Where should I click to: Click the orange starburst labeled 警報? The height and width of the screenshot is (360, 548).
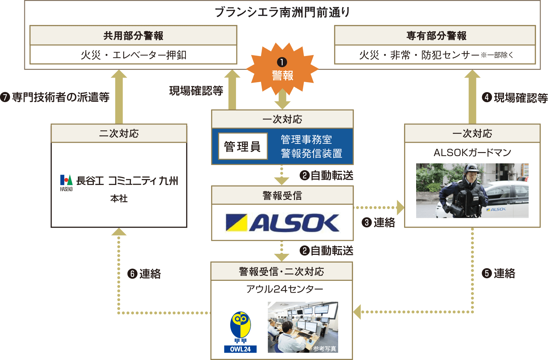[x=282, y=69]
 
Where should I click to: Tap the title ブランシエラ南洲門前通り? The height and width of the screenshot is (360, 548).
[x=282, y=12]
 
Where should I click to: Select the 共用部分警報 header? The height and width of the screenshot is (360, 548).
[x=133, y=36]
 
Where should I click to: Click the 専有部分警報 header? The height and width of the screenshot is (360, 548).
[x=436, y=36]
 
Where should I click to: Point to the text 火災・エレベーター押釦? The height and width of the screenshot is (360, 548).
[x=133, y=55]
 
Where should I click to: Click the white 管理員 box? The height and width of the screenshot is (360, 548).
[x=243, y=146]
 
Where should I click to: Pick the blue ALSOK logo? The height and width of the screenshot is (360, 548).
[x=282, y=223]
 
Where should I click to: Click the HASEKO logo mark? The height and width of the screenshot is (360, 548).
[x=66, y=182]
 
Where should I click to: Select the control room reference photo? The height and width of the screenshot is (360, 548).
[x=303, y=327]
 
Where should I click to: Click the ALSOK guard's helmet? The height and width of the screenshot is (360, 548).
[x=472, y=168]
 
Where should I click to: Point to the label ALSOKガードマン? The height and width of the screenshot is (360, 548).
[x=472, y=153]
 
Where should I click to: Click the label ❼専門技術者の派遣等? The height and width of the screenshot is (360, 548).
[x=55, y=97]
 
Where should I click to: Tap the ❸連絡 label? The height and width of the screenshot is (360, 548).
[x=379, y=223]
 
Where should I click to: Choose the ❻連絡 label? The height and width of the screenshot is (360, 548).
[x=144, y=274]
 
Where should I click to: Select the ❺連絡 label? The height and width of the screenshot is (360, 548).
[x=498, y=273]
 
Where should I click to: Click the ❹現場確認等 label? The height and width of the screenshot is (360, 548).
[x=515, y=97]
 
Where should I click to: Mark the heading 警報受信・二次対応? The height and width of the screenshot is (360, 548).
[x=281, y=271]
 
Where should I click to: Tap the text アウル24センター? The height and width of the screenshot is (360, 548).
[x=285, y=289]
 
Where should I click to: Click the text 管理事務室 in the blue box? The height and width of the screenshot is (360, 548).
[x=306, y=139]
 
